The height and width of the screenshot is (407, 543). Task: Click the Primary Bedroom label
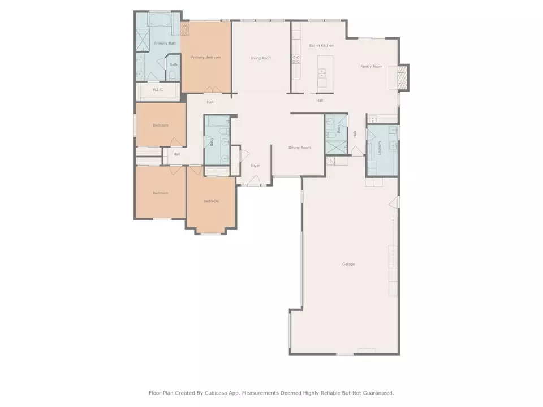point(206,57)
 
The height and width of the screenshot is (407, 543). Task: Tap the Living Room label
point(261,58)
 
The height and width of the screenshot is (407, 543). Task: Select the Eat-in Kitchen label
point(321,45)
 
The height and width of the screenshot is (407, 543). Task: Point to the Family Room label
point(371,66)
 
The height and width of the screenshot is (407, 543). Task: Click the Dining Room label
point(300,148)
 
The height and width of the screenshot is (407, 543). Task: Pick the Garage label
point(348,264)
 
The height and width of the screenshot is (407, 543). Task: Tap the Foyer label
point(255,166)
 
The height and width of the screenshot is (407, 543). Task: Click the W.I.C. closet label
point(158,90)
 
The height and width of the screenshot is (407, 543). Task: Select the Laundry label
point(380,148)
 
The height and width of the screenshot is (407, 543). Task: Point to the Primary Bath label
point(165,44)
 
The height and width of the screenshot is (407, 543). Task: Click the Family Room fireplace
point(402,77)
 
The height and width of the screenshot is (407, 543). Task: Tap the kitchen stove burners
point(296,59)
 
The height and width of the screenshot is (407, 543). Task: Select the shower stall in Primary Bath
point(143,40)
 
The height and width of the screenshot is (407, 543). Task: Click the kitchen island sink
point(322,73)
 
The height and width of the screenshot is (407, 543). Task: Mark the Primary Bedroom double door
point(212,90)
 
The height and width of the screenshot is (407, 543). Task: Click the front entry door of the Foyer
point(255,180)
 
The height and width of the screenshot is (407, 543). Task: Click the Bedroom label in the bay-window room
point(211,201)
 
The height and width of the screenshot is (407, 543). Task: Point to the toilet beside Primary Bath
point(173,75)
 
